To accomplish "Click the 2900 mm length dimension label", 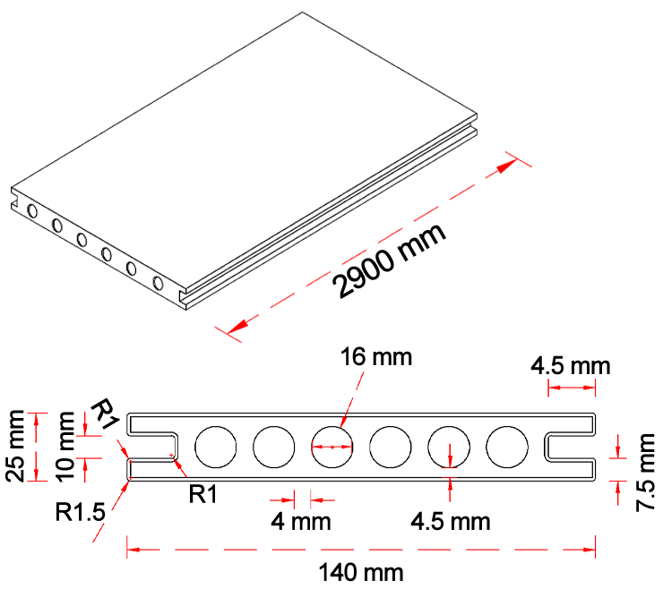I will tap(392, 260).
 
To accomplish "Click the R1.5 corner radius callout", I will tap(80, 513).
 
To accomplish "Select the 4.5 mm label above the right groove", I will tap(570, 366).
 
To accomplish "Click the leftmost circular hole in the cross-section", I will tap(215, 447).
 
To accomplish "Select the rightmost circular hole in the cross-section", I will tap(507, 447).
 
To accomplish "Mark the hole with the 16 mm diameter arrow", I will tap(332, 447).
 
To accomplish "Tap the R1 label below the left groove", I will tap(203, 493).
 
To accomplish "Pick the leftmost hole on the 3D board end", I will tap(33, 212).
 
